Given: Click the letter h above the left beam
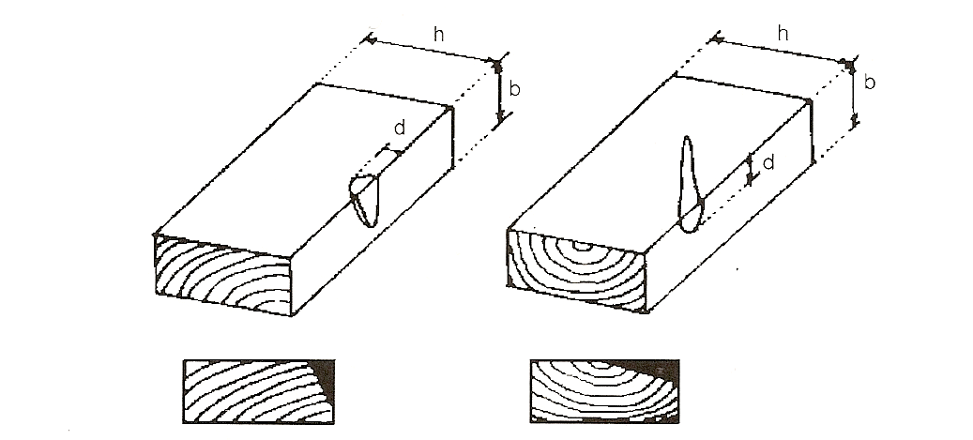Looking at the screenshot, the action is (x=439, y=36).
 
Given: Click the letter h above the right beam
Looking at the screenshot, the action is (x=783, y=34).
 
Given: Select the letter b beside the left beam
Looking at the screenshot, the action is (x=514, y=89).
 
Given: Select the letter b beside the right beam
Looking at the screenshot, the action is (x=870, y=82).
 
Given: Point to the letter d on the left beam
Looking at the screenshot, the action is (x=400, y=128).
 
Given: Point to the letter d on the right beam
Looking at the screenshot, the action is (x=768, y=162).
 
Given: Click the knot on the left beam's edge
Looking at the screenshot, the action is (x=364, y=200).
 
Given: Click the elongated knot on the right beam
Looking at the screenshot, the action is (x=689, y=184).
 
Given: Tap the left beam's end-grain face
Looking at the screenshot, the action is (x=222, y=273).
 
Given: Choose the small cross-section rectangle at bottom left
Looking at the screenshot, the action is (x=259, y=391).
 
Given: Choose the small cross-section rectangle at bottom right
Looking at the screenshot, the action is (x=604, y=391).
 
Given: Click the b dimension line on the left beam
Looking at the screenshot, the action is (x=498, y=92).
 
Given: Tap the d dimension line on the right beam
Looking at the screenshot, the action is (x=751, y=170).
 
